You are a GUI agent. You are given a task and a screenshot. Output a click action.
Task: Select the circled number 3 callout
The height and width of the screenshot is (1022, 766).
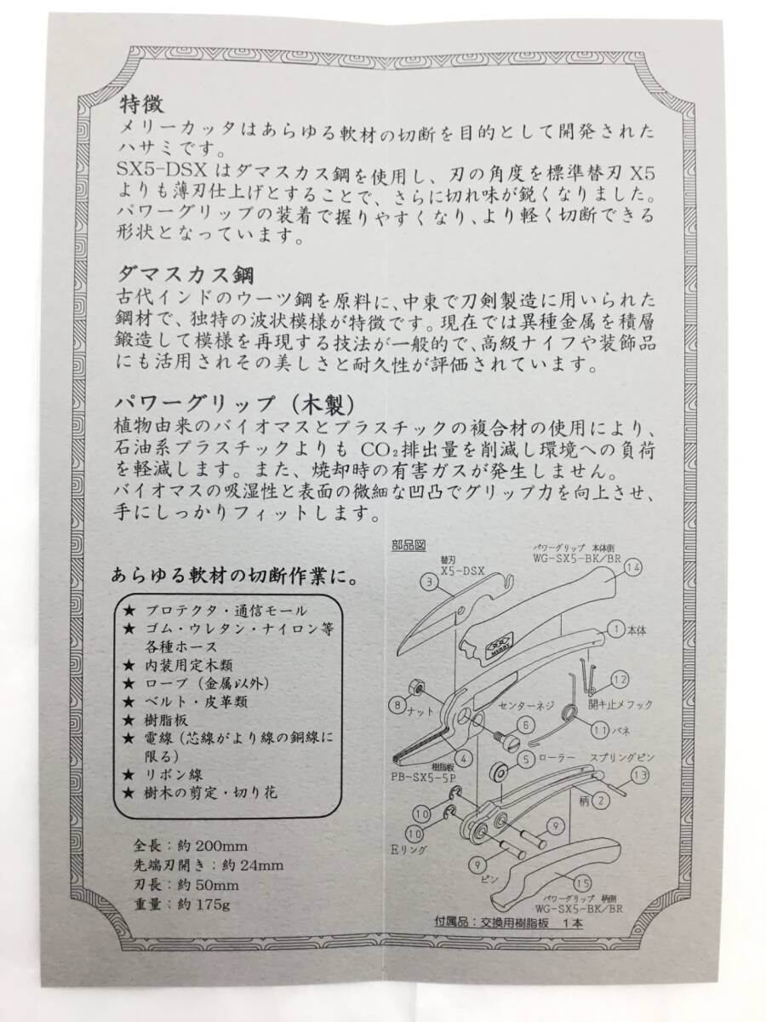(x=429, y=583)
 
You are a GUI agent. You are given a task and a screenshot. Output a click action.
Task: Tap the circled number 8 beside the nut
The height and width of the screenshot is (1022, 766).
(x=397, y=704)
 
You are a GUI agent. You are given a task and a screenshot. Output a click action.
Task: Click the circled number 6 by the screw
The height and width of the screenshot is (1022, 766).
(x=524, y=725)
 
